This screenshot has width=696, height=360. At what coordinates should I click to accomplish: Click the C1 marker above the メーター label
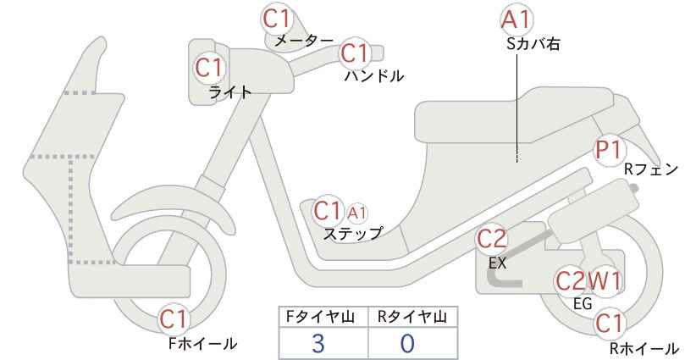click(276, 19)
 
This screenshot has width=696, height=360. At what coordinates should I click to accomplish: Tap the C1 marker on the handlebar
click(356, 53)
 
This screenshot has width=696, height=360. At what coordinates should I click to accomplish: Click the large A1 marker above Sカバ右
click(516, 20)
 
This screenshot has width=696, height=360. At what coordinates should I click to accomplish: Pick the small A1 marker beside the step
click(357, 214)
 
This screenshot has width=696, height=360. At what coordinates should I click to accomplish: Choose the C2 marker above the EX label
click(491, 240)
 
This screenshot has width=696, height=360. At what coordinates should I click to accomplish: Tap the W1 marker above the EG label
click(604, 281)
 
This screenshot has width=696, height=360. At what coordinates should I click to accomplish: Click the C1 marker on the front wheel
click(175, 319)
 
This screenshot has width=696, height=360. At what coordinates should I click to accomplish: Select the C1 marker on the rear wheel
click(610, 324)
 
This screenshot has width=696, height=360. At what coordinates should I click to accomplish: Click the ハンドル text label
click(374, 76)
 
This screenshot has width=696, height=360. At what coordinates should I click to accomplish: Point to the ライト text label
click(230, 92)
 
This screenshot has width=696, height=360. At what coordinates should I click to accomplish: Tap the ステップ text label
click(353, 233)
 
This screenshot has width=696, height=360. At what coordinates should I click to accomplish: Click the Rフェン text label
click(651, 169)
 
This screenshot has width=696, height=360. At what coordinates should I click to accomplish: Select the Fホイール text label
click(203, 343)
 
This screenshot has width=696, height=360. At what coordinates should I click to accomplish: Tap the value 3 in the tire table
click(318, 344)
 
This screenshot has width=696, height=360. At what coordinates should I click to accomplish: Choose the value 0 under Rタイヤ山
click(407, 344)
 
